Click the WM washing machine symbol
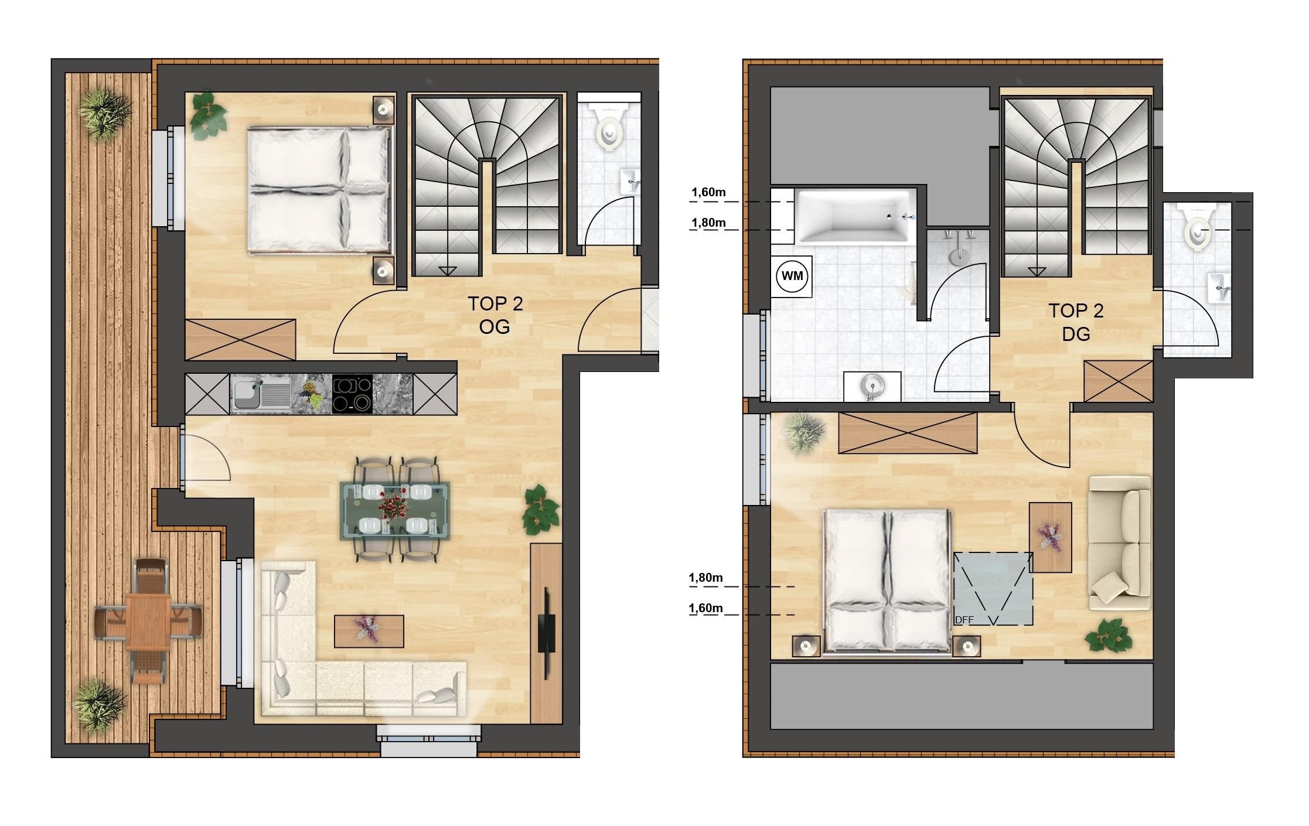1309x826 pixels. tap(792, 276)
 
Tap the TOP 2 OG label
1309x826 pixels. tap(495, 315)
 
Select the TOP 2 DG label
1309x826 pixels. tap(1076, 322)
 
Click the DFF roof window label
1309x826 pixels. tap(963, 620)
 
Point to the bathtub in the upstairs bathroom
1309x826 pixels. tap(853, 216)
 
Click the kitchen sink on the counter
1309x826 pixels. tap(261, 394)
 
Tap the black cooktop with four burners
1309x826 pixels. tap(352, 394)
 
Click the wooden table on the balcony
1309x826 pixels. tap(148, 621)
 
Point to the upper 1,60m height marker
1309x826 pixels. tap(708, 192)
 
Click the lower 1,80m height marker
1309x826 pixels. tap(706, 578)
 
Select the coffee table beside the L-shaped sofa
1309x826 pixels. tap(369, 631)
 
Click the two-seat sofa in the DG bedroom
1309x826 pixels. tap(1119, 543)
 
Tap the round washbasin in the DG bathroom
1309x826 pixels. tap(872, 385)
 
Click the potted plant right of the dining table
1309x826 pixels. tap(540, 510)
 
